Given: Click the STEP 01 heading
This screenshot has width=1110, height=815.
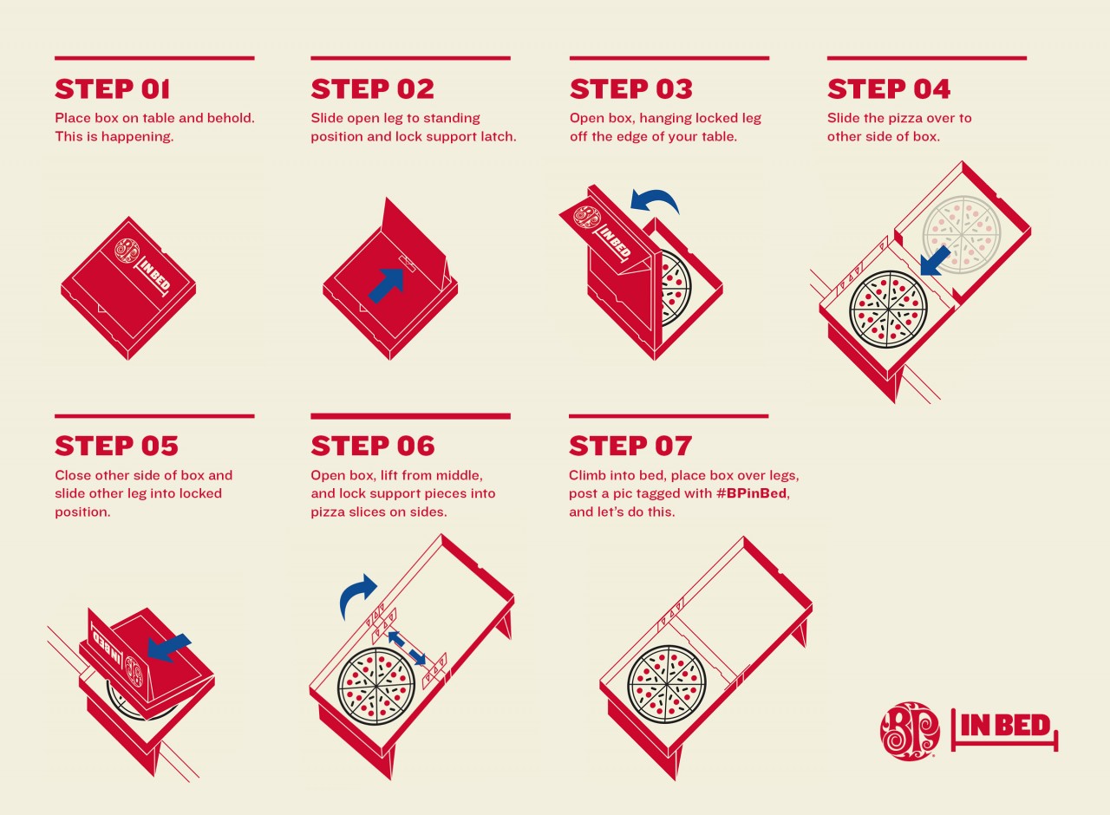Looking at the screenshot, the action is pos(113,89).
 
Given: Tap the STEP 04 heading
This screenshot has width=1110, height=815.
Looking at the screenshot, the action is pos(889,89).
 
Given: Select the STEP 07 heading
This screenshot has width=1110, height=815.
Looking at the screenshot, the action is pos(630,446).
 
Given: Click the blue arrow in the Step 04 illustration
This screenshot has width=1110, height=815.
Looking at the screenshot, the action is pos(935,262).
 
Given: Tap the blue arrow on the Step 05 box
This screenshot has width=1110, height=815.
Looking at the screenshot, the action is pos(169,647).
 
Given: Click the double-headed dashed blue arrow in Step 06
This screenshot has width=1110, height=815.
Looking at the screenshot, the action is pos(407,648).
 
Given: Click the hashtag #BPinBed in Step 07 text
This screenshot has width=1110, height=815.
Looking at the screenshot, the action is pos(751,494).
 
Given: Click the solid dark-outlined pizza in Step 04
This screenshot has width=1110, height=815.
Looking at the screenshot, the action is pos(888,310).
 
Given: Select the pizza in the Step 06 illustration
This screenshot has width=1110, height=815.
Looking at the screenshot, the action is pos(376,687).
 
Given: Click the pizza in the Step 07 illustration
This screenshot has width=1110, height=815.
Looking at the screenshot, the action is pos(667,684).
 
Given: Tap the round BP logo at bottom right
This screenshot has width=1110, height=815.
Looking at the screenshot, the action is pos(910,731).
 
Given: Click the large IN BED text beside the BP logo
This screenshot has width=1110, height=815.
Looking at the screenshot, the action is pos(1005,727).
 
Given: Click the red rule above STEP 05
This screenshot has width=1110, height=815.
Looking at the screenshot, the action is pos(154,416).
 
